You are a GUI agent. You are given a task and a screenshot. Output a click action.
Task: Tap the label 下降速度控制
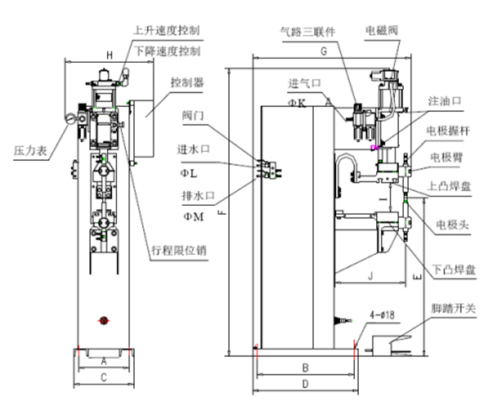click(167, 50)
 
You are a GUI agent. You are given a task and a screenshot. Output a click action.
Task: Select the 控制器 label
click(187, 83)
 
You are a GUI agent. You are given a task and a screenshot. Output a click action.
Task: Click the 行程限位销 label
click(180, 248)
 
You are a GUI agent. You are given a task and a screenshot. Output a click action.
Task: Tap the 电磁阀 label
click(382, 30)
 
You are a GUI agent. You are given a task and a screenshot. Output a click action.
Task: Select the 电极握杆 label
click(451, 130)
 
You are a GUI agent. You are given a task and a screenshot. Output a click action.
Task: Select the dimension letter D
click(305, 382)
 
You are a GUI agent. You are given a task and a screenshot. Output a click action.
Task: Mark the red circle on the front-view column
click(103, 320)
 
